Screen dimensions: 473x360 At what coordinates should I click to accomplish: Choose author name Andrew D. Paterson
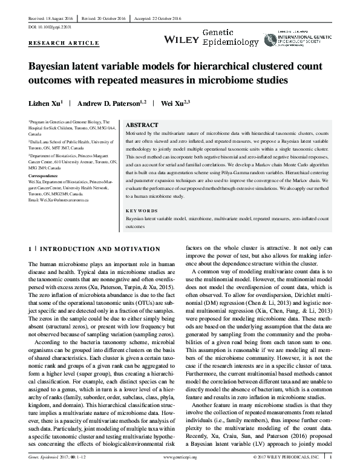coord(113,103)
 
